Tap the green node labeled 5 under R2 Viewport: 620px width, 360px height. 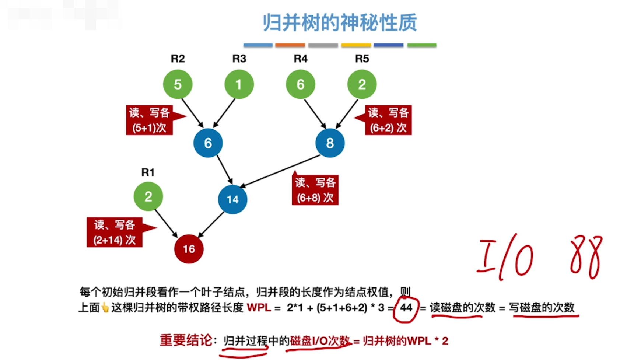coord(178,84)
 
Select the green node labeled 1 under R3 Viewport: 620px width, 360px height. coord(239,84)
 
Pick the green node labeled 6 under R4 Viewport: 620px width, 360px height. coord(301,84)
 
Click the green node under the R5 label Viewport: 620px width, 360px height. coord(362,84)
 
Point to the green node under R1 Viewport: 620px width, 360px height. coord(148,196)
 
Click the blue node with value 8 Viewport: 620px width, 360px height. coord(330,143)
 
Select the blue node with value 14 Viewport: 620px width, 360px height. coord(232,199)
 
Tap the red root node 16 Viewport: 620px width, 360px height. coord(189,249)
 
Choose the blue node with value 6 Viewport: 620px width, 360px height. coord(208,143)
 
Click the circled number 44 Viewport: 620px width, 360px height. coord(406,308)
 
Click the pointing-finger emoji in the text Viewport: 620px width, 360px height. coord(105,307)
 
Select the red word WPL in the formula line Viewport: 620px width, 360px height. coord(259,307)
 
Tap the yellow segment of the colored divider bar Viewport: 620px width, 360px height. coord(356,45)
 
